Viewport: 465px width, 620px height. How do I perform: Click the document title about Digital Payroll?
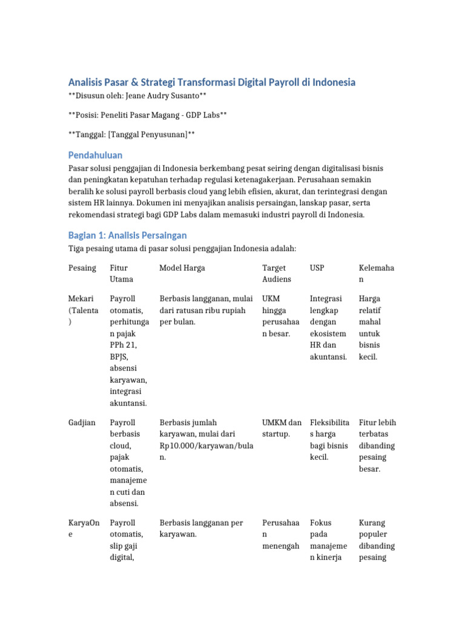click(x=211, y=82)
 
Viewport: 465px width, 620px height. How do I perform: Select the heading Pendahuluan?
click(x=95, y=155)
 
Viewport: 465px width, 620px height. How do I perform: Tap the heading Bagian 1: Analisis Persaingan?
click(x=127, y=235)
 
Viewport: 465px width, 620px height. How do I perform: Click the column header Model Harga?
click(x=182, y=268)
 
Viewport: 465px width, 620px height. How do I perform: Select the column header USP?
click(x=317, y=268)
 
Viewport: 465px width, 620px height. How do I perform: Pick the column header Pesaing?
click(x=82, y=268)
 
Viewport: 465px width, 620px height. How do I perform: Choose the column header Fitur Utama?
click(x=122, y=273)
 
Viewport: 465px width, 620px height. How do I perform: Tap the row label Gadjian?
click(x=82, y=423)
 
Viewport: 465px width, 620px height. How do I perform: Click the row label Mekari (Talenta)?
click(x=84, y=310)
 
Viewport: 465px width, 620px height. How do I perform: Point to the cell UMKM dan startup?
click(x=282, y=428)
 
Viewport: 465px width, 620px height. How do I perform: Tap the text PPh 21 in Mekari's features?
click(x=123, y=345)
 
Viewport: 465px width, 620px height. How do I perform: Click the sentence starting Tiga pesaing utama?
click(x=182, y=248)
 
